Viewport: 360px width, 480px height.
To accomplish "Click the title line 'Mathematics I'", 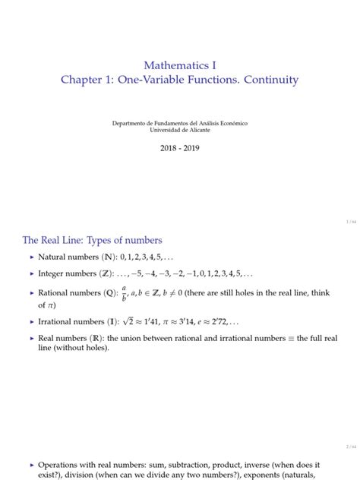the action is coord(180,65).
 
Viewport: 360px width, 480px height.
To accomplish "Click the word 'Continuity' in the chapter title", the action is coord(266,80).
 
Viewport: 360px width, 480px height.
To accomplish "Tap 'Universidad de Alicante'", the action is coord(180,130).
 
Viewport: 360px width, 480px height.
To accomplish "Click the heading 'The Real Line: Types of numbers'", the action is coord(93,240).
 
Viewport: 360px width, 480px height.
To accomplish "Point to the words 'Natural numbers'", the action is coord(66,257).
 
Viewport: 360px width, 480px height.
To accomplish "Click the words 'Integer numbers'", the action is coord(65,273).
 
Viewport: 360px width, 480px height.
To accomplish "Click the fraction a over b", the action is coord(124,292).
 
